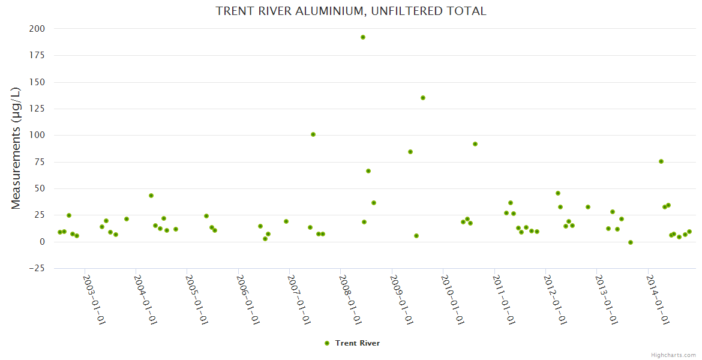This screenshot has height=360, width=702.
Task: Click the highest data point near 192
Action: [363, 37]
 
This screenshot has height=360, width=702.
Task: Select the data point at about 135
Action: [423, 98]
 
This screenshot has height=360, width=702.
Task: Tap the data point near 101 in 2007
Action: [313, 134]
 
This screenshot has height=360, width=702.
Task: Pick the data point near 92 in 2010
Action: [475, 144]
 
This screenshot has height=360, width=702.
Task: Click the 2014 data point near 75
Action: [661, 161]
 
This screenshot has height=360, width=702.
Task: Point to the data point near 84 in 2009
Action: [410, 152]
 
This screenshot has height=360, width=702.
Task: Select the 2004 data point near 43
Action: [151, 196]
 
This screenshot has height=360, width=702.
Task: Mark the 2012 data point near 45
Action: [558, 193]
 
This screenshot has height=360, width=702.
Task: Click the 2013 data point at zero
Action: [631, 242]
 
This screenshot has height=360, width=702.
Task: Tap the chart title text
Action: [351, 11]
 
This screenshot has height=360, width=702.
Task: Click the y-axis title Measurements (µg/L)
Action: [16, 148]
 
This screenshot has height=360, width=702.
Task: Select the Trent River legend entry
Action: [352, 343]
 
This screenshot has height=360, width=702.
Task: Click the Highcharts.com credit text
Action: [673, 355]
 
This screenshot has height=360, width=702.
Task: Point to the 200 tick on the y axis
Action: [37, 29]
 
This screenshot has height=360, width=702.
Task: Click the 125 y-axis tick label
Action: [37, 109]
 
